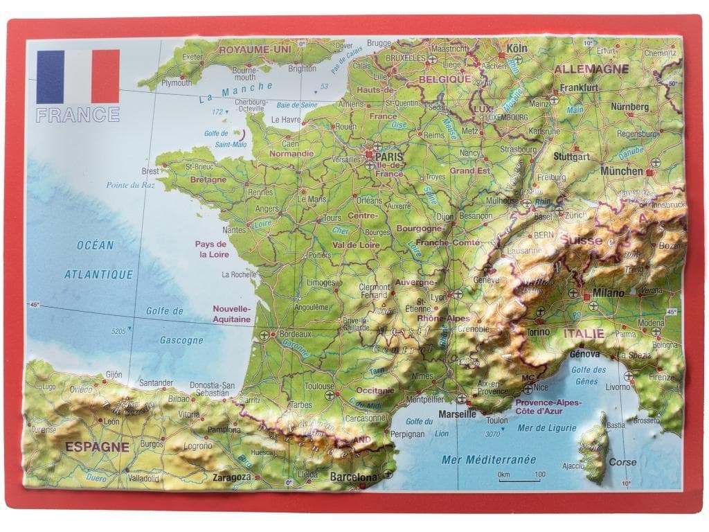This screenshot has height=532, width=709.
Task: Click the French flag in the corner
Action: [x=78, y=76]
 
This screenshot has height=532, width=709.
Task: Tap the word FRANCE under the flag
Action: [x=78, y=114]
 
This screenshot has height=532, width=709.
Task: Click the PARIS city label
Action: [x=391, y=157]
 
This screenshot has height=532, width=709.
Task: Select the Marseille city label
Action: [x=458, y=414]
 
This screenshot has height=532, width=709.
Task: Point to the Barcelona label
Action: [x=354, y=477]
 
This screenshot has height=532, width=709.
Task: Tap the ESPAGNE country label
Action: [x=97, y=447]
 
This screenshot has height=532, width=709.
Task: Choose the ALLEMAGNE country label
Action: [x=591, y=69]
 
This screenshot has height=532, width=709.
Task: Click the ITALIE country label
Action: [x=583, y=334]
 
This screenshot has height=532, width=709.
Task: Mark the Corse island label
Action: [x=622, y=462]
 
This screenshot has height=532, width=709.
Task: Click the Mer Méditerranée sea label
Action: [x=489, y=459]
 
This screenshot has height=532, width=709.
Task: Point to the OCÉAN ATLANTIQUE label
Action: [x=98, y=260]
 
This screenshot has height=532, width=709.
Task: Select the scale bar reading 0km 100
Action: [x=519, y=476]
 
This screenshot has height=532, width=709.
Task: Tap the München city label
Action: [x=621, y=170]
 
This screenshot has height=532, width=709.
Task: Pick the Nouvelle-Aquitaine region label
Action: [x=232, y=314]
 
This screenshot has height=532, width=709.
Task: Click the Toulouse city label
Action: [x=319, y=386]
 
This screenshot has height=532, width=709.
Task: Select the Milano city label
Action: [x=607, y=294]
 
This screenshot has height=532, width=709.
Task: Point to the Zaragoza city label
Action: [x=231, y=477]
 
